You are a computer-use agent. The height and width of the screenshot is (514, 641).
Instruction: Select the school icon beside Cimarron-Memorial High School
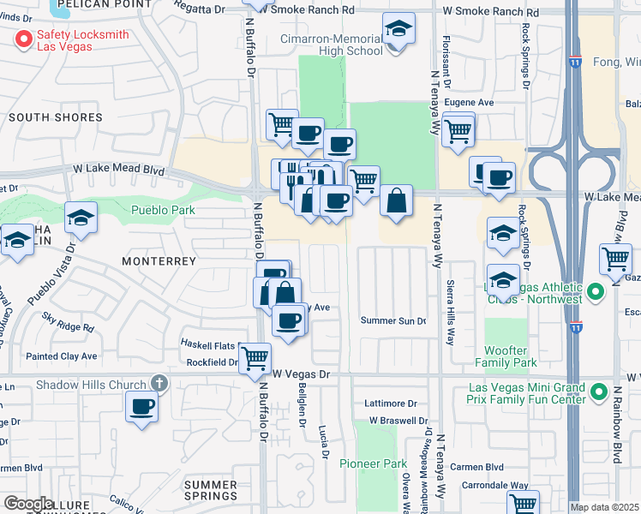click(x=398, y=30)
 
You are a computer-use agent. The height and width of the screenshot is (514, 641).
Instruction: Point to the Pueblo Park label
click(x=163, y=210)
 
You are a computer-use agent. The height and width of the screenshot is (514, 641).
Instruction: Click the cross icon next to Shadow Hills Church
click(x=158, y=384)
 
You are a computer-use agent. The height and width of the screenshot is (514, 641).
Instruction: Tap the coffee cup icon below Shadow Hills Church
click(x=141, y=406)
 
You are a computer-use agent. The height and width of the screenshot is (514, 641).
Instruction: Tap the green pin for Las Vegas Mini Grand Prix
click(x=598, y=392)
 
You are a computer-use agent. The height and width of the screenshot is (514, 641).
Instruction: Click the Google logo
click(x=27, y=504)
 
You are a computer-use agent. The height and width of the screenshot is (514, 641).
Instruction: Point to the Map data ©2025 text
click(x=604, y=507)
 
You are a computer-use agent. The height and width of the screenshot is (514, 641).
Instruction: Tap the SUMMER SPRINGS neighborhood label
click(x=211, y=490)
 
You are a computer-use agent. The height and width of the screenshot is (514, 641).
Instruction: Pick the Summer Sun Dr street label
click(x=393, y=321)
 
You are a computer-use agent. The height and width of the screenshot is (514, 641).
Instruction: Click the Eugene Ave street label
click(x=475, y=102)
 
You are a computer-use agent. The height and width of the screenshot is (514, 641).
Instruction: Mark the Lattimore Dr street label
click(x=390, y=403)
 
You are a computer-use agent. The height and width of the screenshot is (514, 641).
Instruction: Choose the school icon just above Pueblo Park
click(x=81, y=220)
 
